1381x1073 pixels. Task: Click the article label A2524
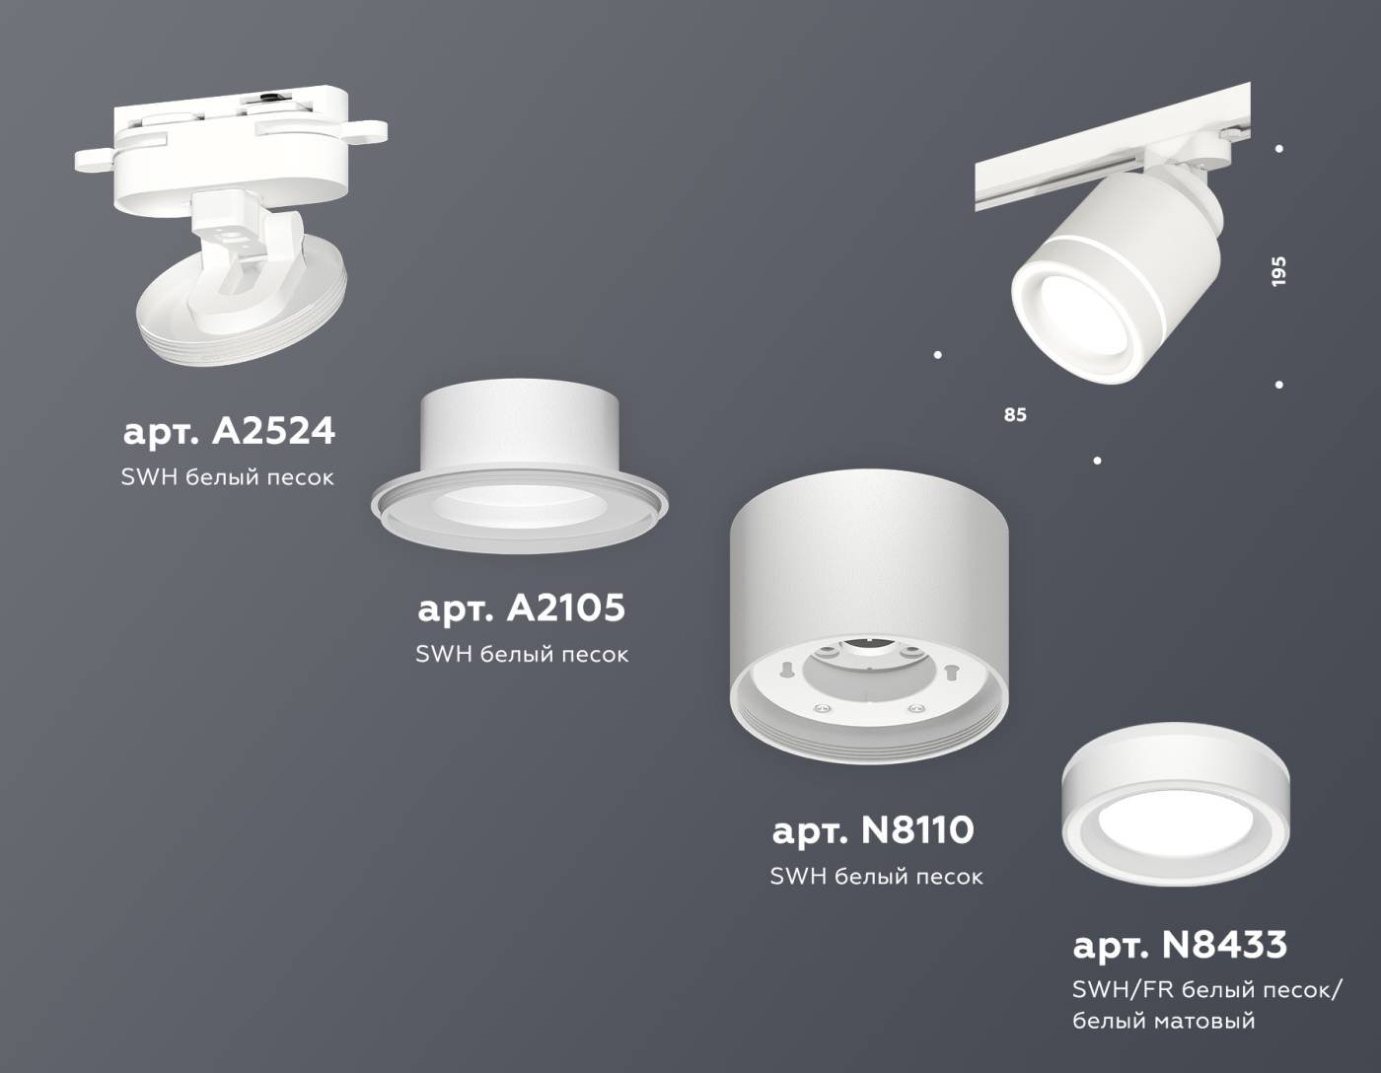point(229,431)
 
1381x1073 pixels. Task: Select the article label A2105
point(521,608)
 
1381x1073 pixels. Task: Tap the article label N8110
point(873,830)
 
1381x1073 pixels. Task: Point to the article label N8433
point(1180,945)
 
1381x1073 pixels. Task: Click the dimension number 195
point(1278,271)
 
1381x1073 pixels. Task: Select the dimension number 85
point(1015,415)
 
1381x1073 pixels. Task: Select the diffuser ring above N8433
point(1176,808)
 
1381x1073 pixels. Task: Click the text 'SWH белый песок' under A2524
point(227,477)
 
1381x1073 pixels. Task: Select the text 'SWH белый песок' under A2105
point(521,654)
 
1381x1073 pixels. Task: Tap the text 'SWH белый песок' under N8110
point(876,876)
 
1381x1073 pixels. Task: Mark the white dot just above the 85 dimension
point(937,354)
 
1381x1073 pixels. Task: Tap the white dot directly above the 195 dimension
point(1279,149)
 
